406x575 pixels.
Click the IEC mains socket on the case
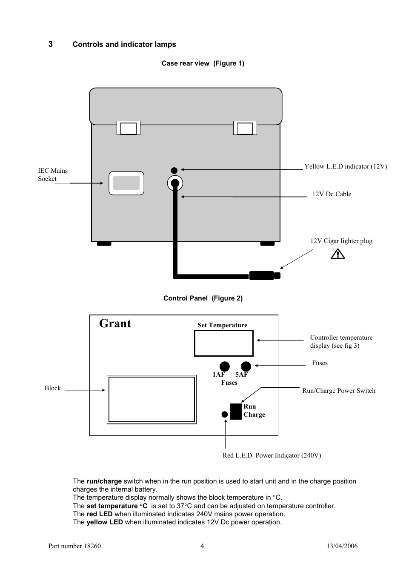tap(126, 183)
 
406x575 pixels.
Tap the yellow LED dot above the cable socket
tap(174, 170)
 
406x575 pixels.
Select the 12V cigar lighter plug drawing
tap(264, 275)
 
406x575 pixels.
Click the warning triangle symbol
tap(337, 254)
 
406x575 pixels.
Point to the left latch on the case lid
tap(129, 128)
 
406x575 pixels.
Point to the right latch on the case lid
tap(245, 128)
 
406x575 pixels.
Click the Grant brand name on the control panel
tap(115, 323)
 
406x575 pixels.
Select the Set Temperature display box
tap(223, 343)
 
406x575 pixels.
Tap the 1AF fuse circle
tap(224, 366)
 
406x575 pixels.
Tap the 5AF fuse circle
tap(246, 366)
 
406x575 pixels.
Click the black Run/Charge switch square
tap(236, 412)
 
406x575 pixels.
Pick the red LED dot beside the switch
tap(225, 414)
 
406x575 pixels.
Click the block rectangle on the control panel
tap(152, 399)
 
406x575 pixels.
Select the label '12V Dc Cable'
tap(332, 194)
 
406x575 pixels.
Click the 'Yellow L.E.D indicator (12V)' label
tap(346, 166)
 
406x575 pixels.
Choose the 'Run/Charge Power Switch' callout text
tap(339, 391)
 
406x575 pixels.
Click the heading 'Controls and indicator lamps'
tap(124, 44)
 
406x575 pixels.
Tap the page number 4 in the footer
tap(202, 546)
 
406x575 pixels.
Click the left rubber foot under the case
tap(104, 244)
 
